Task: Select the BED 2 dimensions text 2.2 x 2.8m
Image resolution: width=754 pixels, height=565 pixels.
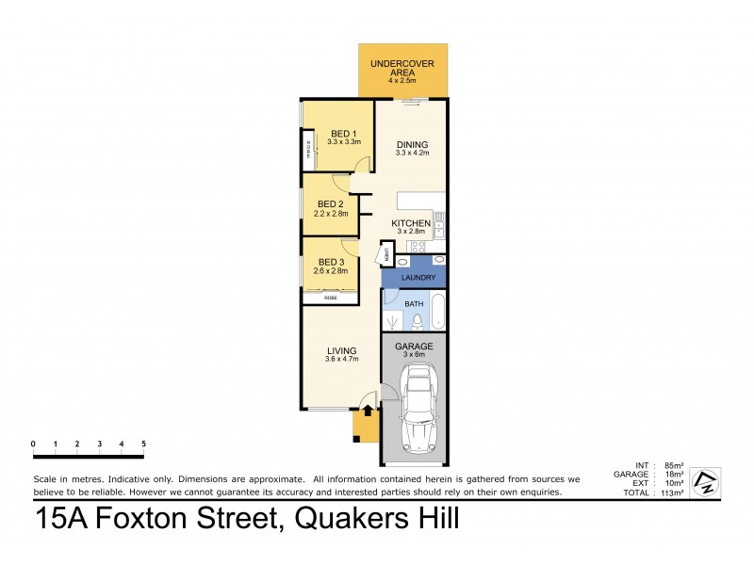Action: (331, 213)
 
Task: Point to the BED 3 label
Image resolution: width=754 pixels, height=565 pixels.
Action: (328, 262)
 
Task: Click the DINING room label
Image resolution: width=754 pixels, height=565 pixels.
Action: (412, 144)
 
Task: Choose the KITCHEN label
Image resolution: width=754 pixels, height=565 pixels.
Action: (412, 223)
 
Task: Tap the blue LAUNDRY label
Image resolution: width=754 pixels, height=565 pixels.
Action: (418, 278)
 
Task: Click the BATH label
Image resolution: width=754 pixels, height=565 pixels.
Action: (414, 304)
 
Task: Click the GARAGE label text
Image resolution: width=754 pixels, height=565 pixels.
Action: (414, 346)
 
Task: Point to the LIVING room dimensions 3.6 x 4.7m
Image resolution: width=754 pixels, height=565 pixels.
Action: (342, 359)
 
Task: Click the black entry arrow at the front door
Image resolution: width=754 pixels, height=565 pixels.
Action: (368, 412)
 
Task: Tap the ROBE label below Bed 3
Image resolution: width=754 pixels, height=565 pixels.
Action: (330, 298)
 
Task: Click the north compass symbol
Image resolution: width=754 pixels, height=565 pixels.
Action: (705, 482)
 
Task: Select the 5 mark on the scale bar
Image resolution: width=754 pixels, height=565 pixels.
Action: (143, 443)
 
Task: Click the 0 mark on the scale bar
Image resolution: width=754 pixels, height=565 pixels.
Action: (33, 443)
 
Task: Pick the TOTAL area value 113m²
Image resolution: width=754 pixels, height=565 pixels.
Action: (672, 492)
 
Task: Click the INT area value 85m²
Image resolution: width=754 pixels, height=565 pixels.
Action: (674, 465)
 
